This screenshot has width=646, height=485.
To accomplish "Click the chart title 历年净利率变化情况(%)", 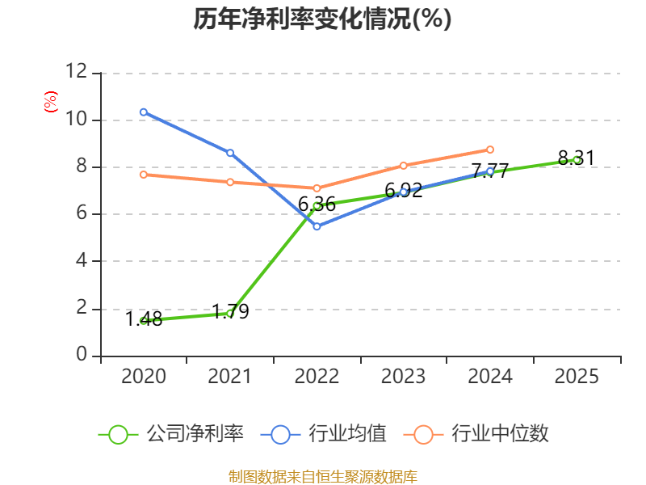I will click(x=322, y=19).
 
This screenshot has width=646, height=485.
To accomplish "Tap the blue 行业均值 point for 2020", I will click(x=143, y=112).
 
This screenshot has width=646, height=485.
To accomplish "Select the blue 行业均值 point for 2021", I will click(x=230, y=153).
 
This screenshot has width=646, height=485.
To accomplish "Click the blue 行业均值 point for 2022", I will click(x=317, y=226).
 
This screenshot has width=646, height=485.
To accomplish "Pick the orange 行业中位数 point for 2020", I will click(x=143, y=175).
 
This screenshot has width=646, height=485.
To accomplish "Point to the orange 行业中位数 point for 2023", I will click(x=403, y=166).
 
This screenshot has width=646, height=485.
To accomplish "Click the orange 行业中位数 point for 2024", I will click(x=490, y=150).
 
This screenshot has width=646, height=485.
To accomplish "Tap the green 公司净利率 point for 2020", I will click(x=143, y=321).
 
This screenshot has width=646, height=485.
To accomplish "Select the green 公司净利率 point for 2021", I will click(x=230, y=313).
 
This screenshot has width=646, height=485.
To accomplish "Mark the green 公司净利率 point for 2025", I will click(x=577, y=160).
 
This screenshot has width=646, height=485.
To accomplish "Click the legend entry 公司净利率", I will click(x=171, y=434).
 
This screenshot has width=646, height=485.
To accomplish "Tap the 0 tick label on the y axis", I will click(x=82, y=355).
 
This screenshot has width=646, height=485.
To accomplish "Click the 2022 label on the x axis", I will click(x=317, y=377).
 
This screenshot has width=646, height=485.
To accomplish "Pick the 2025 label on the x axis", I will click(x=577, y=377).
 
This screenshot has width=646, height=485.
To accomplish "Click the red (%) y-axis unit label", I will click(x=50, y=103).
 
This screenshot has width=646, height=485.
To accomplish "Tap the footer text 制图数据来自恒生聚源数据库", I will click(x=322, y=476).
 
